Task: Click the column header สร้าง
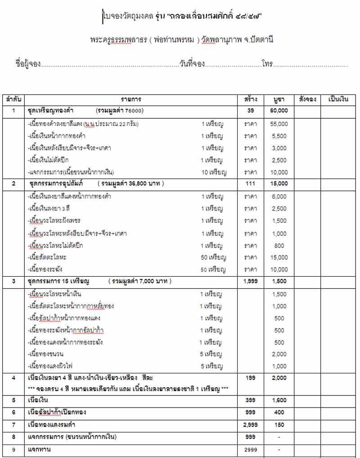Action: pyautogui.click(x=251, y=99)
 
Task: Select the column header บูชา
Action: pyautogui.click(x=279, y=99)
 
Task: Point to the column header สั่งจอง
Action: pyautogui.click(x=307, y=99)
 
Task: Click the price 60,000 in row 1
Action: pyautogui.click(x=279, y=111)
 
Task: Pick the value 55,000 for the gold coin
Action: pyautogui.click(x=279, y=124)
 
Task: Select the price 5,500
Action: pyautogui.click(x=279, y=136)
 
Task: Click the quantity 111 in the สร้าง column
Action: pyautogui.click(x=251, y=184)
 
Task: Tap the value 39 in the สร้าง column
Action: pyautogui.click(x=251, y=111)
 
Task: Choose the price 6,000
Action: pyautogui.click(x=279, y=197)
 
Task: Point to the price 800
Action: pyautogui.click(x=279, y=246)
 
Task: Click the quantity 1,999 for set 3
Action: pyautogui.click(x=251, y=281)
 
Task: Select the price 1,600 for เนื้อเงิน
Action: pyautogui.click(x=279, y=400)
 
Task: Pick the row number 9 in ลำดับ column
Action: pyautogui.click(x=13, y=449)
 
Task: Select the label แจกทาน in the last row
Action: pyautogui.click(x=39, y=449)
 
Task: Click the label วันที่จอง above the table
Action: pyautogui.click(x=192, y=64)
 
